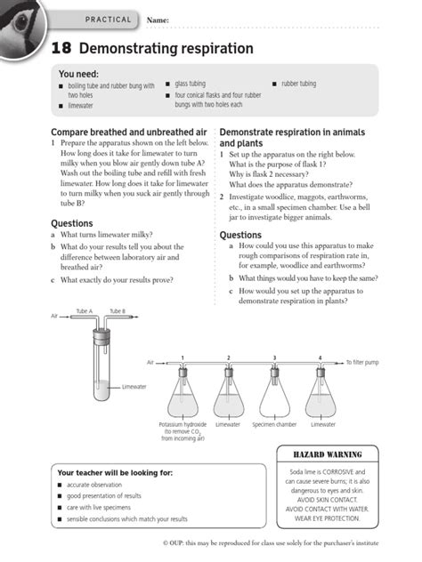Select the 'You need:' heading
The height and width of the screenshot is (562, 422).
click(78, 74)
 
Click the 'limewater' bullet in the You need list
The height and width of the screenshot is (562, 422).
click(81, 105)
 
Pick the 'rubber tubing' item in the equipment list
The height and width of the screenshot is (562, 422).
click(298, 84)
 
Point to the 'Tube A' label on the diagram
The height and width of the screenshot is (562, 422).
click(84, 311)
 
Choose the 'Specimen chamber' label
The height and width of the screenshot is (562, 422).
click(273, 425)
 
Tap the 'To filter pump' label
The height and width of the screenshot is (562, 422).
click(362, 363)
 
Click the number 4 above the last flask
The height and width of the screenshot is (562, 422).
click(321, 357)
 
